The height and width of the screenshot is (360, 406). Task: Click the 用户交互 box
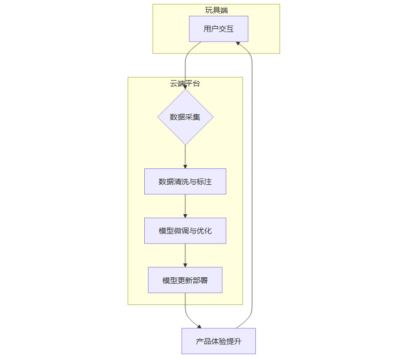pyautogui.click(x=218, y=29)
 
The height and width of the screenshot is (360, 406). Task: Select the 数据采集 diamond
pyautogui.click(x=185, y=117)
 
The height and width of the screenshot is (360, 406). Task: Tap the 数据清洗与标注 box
pyautogui.click(x=185, y=182)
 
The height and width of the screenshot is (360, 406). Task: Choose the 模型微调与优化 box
pyautogui.click(x=185, y=231)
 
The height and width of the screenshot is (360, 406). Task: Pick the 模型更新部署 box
pyautogui.click(x=185, y=280)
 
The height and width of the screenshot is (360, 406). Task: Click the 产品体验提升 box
pyautogui.click(x=218, y=341)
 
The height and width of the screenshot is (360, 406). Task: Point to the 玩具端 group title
pyautogui.click(x=216, y=10)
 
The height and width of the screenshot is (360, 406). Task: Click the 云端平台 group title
pyautogui.click(x=185, y=83)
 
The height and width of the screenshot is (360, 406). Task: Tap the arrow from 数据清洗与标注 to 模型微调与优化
pyautogui.click(x=185, y=206)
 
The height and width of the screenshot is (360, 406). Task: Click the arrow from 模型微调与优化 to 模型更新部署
pyautogui.click(x=185, y=255)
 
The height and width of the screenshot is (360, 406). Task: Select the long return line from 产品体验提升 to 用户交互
pyautogui.click(x=252, y=187)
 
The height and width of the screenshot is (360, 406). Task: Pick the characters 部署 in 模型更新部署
pyautogui.click(x=200, y=280)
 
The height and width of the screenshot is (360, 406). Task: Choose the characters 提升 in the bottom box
pyautogui.click(x=233, y=341)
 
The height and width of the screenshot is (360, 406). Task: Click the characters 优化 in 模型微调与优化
pyautogui.click(x=205, y=231)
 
